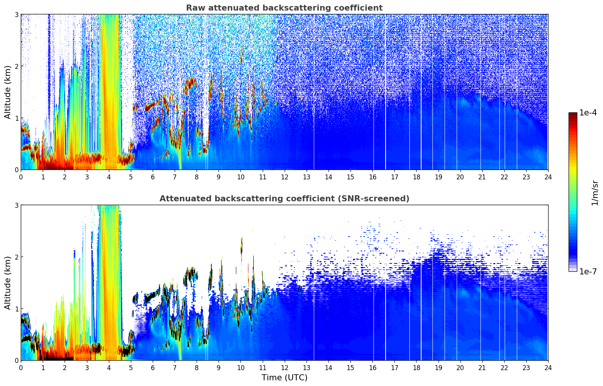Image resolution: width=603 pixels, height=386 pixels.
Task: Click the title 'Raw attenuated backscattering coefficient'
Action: pyautogui.click(x=284, y=8)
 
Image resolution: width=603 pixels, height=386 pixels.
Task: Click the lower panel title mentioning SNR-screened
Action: pyautogui.click(x=284, y=199)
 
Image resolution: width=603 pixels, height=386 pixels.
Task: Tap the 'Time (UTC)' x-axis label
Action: pyautogui.click(x=284, y=377)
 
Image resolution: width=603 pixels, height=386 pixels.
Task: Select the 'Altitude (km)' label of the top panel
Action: pyautogui.click(x=8, y=92)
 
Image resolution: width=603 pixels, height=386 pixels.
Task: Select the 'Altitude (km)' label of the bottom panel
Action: pyautogui.click(x=8, y=283)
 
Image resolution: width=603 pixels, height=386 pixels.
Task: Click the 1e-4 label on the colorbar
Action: pyautogui.click(x=588, y=113)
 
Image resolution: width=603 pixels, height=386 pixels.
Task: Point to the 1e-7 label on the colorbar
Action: pyautogui.click(x=588, y=271)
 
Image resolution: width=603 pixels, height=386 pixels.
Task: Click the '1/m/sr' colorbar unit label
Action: pyautogui.click(x=595, y=193)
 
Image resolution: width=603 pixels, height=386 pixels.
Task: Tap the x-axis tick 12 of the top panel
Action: pyautogui.click(x=284, y=177)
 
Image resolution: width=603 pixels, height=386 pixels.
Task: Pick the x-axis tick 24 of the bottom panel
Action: pyautogui.click(x=548, y=367)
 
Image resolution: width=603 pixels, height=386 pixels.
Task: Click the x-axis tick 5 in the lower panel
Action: pyautogui.click(x=131, y=367)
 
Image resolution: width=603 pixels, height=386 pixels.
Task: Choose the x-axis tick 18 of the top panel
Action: pyautogui.click(x=416, y=177)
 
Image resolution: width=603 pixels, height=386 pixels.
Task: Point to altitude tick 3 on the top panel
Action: pyautogui.click(x=17, y=14)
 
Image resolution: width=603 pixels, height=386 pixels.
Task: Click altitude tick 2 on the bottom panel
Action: pyautogui.click(x=17, y=257)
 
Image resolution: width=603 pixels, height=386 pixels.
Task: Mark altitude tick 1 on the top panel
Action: pyautogui.click(x=17, y=118)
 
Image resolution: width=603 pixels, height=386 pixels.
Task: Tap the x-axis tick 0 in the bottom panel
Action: pyautogui.click(x=21, y=367)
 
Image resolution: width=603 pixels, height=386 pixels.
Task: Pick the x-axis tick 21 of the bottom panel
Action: pyautogui.click(x=482, y=367)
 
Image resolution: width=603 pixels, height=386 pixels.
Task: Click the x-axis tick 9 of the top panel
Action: pyautogui.click(x=219, y=177)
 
